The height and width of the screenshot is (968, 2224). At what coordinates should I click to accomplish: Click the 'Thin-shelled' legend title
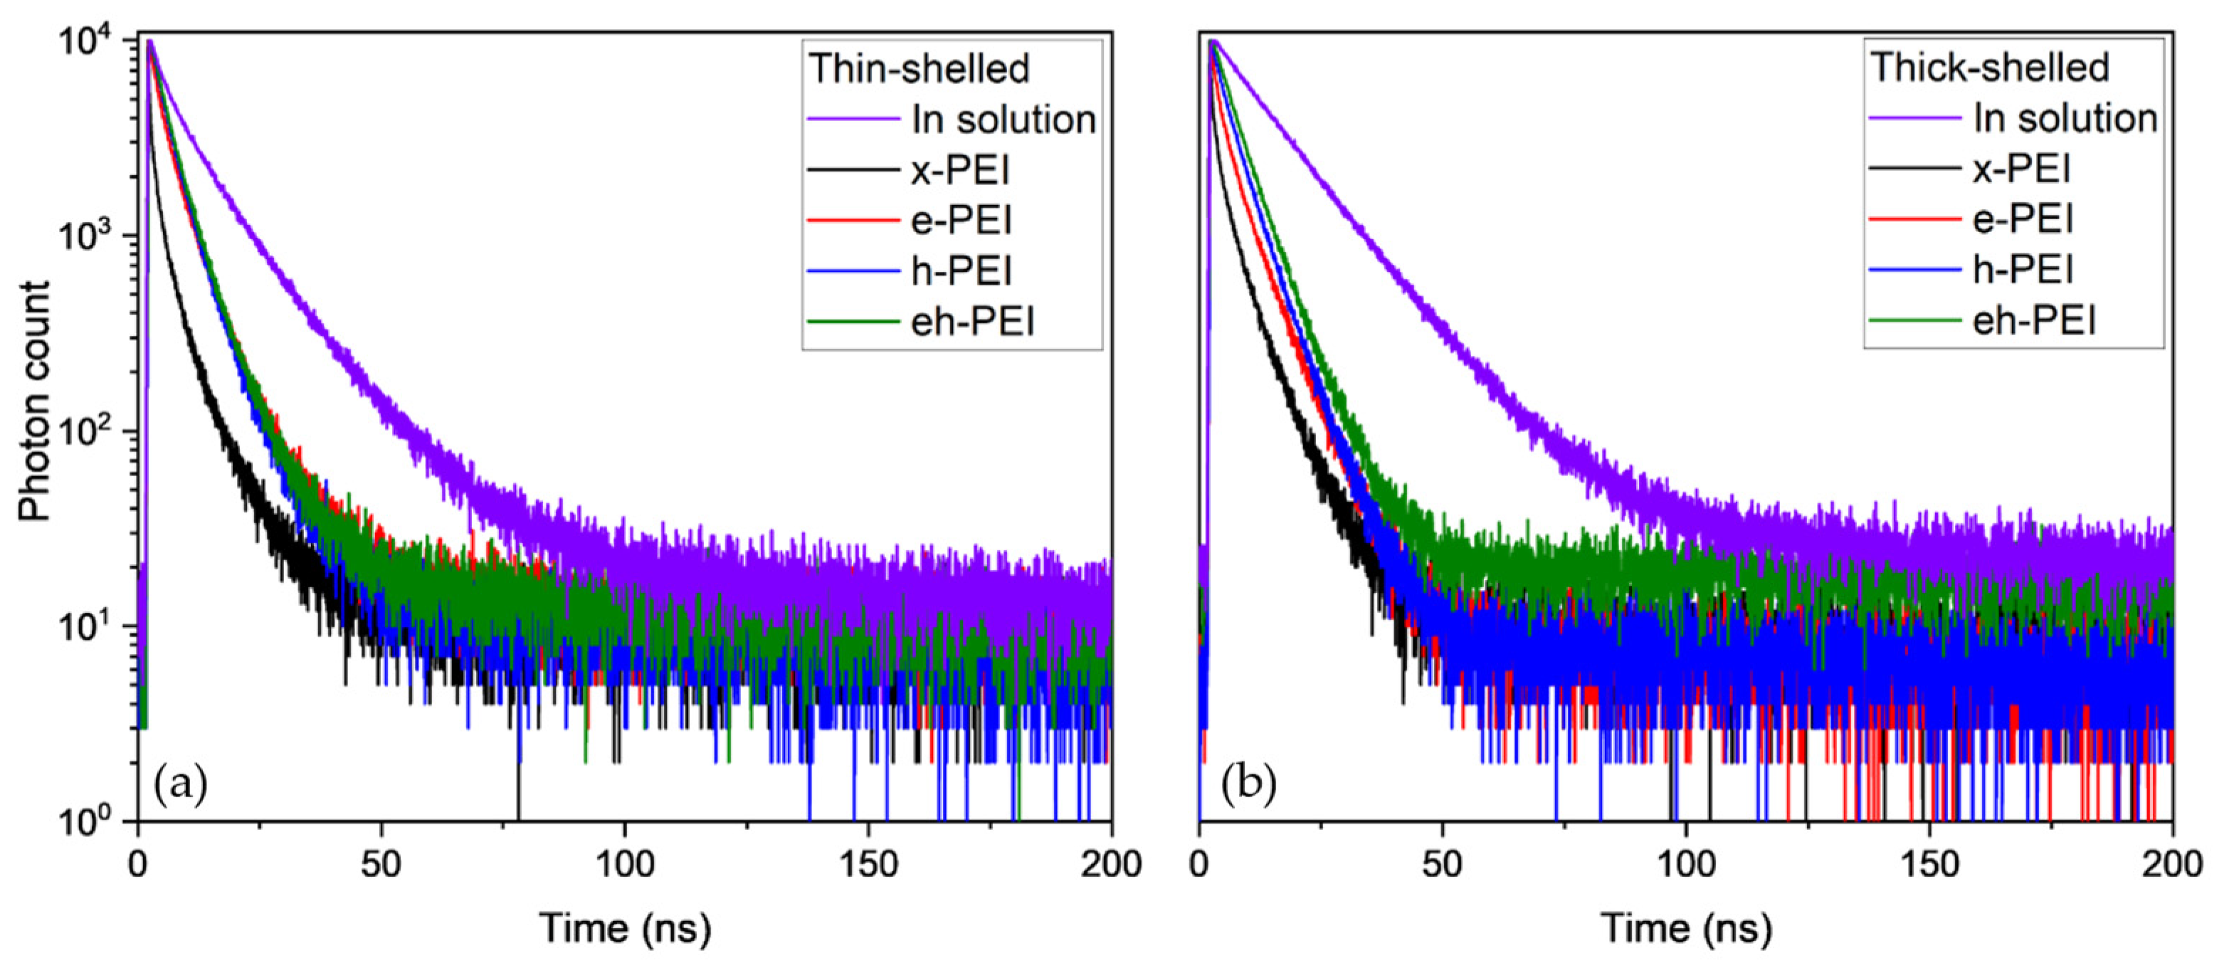coord(919,69)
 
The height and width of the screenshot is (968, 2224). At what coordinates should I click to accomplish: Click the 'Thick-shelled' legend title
coord(1989,68)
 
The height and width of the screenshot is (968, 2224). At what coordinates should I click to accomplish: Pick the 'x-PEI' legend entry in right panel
coord(2021,169)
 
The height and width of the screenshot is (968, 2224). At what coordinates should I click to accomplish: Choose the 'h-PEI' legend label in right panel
coord(2023,270)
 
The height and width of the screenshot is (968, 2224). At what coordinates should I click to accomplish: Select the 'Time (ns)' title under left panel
coord(625,929)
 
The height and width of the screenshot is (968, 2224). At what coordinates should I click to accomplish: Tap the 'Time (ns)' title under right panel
coord(1686,929)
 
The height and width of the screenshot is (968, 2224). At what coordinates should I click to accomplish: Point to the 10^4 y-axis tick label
coord(86,39)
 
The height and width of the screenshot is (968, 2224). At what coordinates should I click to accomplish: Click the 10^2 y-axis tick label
coord(86,430)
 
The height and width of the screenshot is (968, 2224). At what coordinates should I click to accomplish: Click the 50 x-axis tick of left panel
coord(381,863)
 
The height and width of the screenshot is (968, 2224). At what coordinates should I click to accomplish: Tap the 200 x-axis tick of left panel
coord(1110,863)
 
